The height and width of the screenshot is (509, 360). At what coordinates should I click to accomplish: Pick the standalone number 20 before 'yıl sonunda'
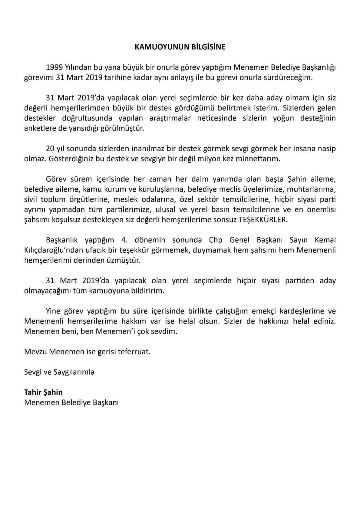click(x=50, y=149)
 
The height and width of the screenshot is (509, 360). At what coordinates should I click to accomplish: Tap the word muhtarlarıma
click(x=311, y=189)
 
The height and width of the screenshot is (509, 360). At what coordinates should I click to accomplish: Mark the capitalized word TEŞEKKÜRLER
click(x=263, y=220)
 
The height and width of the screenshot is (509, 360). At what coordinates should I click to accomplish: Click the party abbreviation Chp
click(x=215, y=240)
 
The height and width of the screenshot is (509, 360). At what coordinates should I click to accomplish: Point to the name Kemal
click(x=325, y=240)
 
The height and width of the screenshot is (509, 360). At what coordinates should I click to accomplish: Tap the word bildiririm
click(x=148, y=291)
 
